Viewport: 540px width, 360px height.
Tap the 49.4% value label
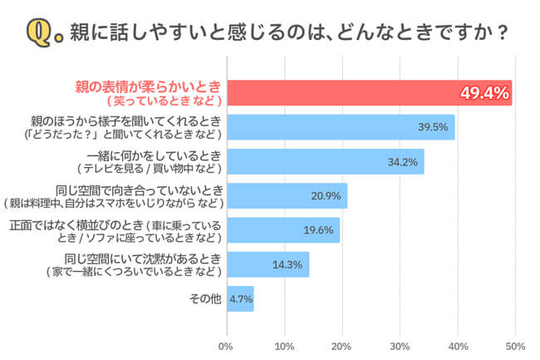pyautogui.click(x=484, y=93)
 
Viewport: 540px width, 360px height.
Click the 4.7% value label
pyautogui.click(x=241, y=298)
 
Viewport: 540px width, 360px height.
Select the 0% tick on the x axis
pyautogui.click(x=225, y=344)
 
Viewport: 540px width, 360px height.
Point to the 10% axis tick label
pyautogui.click(x=284, y=344)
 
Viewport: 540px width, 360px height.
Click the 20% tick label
pyautogui.click(x=342, y=344)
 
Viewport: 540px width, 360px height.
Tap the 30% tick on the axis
pyautogui.click(x=400, y=344)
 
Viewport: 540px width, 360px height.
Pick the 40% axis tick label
pyautogui.click(x=458, y=344)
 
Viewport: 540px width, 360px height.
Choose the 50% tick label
pyautogui.click(x=515, y=344)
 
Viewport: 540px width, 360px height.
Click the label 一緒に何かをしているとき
pyautogui.click(x=155, y=155)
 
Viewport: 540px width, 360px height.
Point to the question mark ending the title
pyautogui.click(x=502, y=34)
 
